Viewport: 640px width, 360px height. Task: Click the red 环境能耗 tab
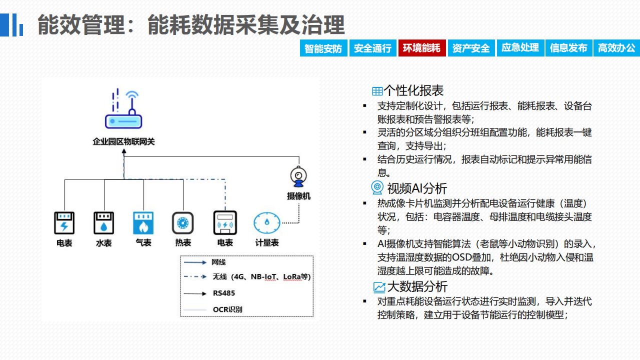(x=422, y=48)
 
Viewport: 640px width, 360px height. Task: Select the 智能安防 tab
(x=323, y=48)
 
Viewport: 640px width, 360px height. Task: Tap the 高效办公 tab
(x=616, y=48)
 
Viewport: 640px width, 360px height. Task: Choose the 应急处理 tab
(x=520, y=48)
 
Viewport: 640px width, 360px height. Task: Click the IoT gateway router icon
(x=123, y=108)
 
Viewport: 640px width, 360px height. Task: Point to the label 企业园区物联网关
(x=123, y=141)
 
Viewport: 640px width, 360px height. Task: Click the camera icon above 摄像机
(x=298, y=177)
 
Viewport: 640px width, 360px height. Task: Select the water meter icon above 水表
(x=104, y=223)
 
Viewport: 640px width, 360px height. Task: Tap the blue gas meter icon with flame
(x=143, y=223)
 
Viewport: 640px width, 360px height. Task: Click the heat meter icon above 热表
(x=183, y=223)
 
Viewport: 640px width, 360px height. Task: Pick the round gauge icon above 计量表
(x=267, y=223)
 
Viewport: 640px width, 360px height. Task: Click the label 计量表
(x=267, y=243)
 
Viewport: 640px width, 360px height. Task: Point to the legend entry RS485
(x=224, y=293)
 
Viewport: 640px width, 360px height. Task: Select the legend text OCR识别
(x=227, y=309)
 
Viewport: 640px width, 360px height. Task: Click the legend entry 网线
(x=218, y=262)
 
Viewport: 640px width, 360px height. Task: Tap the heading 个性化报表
(x=413, y=90)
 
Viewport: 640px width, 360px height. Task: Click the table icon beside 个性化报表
(x=377, y=91)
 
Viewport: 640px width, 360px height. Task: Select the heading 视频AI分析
(x=417, y=188)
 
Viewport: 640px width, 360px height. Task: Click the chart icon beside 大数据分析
(x=379, y=287)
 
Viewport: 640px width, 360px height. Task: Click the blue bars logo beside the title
(x=11, y=25)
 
